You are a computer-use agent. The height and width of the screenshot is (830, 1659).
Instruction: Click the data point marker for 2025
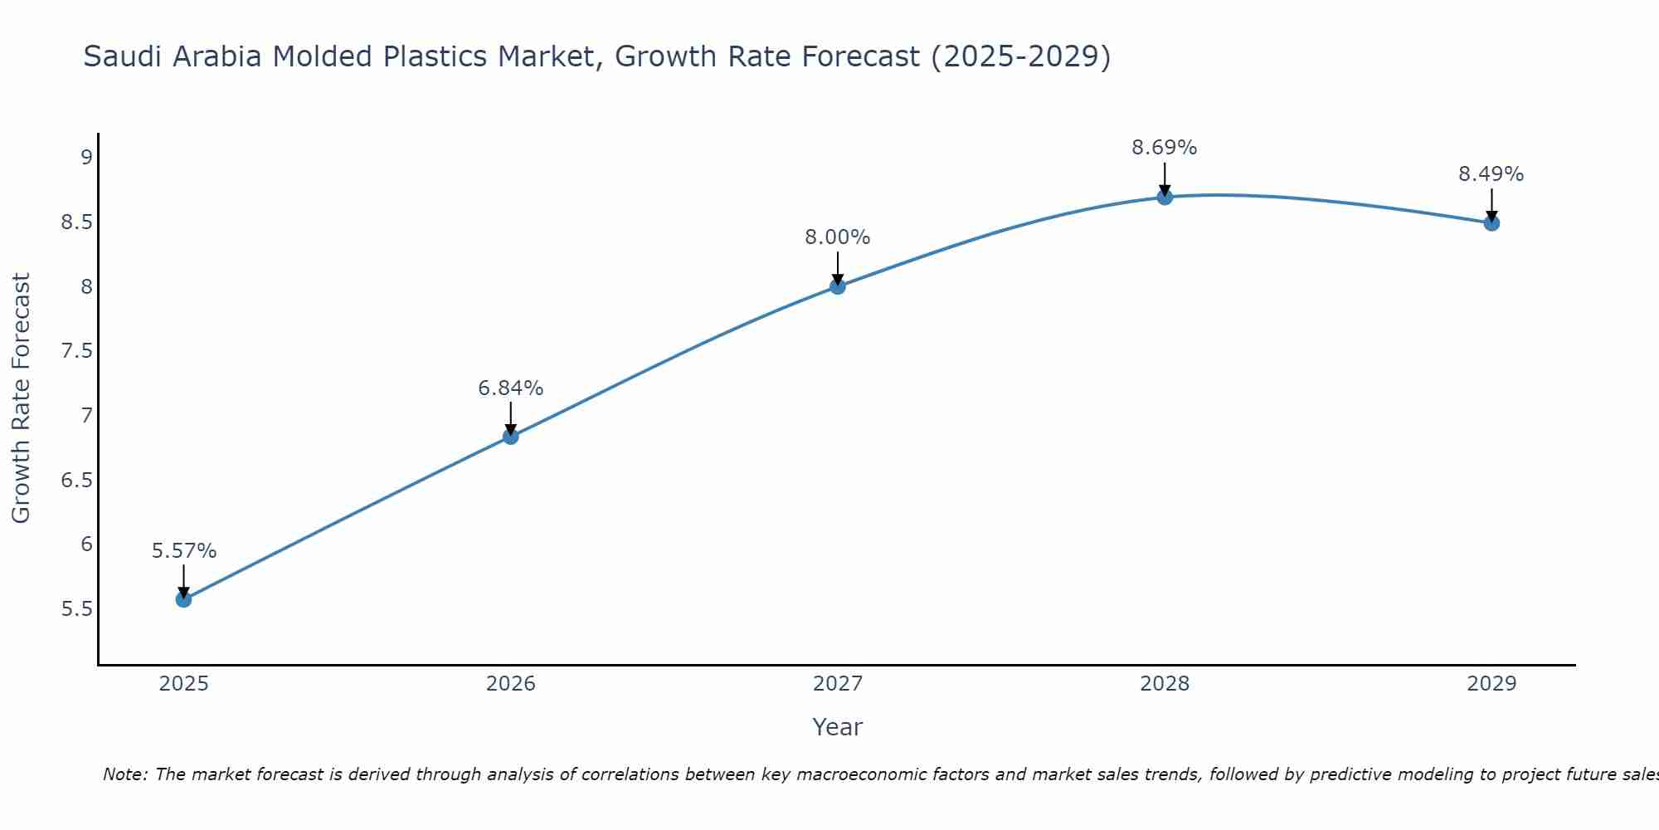(183, 599)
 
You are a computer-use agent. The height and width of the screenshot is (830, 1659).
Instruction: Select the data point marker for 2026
(510, 437)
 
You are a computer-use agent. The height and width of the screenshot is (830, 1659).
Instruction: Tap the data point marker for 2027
(838, 286)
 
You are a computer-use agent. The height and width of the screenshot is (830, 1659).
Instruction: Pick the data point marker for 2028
(1165, 197)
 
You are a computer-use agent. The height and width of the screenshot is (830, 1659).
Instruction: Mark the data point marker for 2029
(1491, 222)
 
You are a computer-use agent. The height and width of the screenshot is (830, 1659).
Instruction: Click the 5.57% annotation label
(183, 551)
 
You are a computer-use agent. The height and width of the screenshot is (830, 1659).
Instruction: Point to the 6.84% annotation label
(510, 388)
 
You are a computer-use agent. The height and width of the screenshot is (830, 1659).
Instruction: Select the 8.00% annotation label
(838, 237)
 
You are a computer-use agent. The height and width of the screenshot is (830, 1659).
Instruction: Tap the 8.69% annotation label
(1165, 148)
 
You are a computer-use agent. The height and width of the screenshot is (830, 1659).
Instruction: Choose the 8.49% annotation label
(1491, 174)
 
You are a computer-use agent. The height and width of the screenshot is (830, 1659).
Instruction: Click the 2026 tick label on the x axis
(510, 684)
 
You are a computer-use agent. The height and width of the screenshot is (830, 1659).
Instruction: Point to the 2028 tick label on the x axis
(1165, 684)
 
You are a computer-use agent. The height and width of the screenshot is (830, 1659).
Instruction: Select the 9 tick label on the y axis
(86, 158)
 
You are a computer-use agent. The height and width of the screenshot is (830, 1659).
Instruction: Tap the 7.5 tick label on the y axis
(76, 351)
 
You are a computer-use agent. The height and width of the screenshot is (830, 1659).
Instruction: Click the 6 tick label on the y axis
(86, 544)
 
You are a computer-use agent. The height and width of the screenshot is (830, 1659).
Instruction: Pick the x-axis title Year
(838, 727)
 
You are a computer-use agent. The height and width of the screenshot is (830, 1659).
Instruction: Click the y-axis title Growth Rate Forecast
(21, 398)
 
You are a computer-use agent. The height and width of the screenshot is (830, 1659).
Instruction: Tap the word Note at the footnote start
(124, 774)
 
